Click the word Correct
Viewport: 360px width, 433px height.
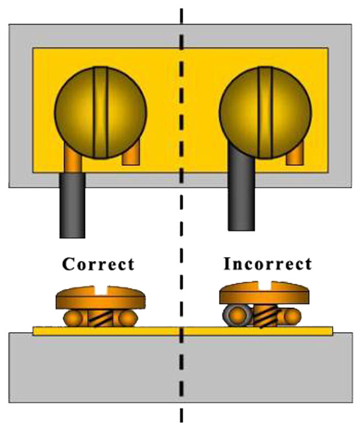[98, 264]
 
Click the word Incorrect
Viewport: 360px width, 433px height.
[267, 264]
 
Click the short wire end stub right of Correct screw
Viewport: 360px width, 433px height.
[130, 154]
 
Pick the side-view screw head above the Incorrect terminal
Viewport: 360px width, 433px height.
[265, 295]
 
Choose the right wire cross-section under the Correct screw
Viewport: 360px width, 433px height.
[125, 319]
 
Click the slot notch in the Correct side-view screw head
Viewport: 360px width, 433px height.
[100, 290]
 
